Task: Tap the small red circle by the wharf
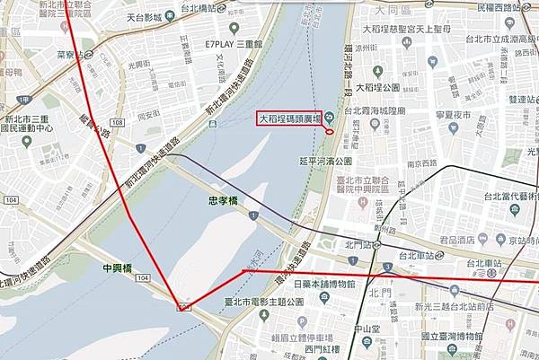(x=329, y=133)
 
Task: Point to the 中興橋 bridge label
(x=117, y=268)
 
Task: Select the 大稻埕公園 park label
(x=382, y=87)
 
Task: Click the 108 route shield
(x=185, y=306)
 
